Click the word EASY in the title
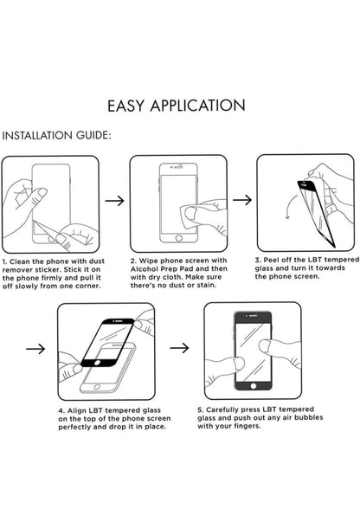[125, 106]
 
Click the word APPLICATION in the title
[197, 106]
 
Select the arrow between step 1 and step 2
[115, 201]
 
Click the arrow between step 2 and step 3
[242, 200]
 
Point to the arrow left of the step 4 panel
[35, 349]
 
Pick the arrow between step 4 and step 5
[179, 348]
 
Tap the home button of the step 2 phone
[178, 238]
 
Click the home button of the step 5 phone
[254, 386]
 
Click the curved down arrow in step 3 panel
[289, 206]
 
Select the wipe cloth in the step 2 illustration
[193, 216]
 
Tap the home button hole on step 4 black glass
[97, 363]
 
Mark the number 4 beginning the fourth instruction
[61, 411]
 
